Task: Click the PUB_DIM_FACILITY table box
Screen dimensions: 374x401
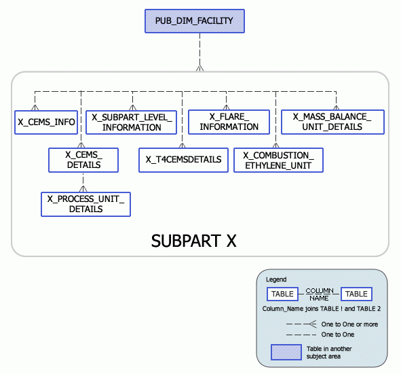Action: [193, 21]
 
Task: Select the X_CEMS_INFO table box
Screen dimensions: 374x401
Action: [46, 122]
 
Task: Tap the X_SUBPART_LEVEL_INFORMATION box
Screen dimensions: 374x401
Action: [132, 122]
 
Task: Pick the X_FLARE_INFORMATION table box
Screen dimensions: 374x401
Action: [229, 122]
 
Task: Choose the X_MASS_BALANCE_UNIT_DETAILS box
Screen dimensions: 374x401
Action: [332, 122]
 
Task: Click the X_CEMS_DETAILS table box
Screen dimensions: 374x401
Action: [83, 160]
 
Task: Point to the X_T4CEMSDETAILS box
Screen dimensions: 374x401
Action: [183, 160]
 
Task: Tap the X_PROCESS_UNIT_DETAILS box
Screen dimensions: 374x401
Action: [85, 204]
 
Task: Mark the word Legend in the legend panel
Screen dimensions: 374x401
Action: [275, 279]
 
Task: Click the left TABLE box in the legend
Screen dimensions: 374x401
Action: [282, 294]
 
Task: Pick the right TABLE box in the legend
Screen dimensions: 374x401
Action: [356, 294]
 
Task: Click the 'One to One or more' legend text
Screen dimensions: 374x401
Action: [349, 324]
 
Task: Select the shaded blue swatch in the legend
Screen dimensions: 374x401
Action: [286, 352]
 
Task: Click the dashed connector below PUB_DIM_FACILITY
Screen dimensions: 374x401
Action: [199, 51]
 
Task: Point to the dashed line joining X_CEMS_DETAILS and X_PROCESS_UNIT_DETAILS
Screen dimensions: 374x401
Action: [83, 182]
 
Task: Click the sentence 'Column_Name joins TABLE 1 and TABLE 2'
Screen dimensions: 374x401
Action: [321, 309]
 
